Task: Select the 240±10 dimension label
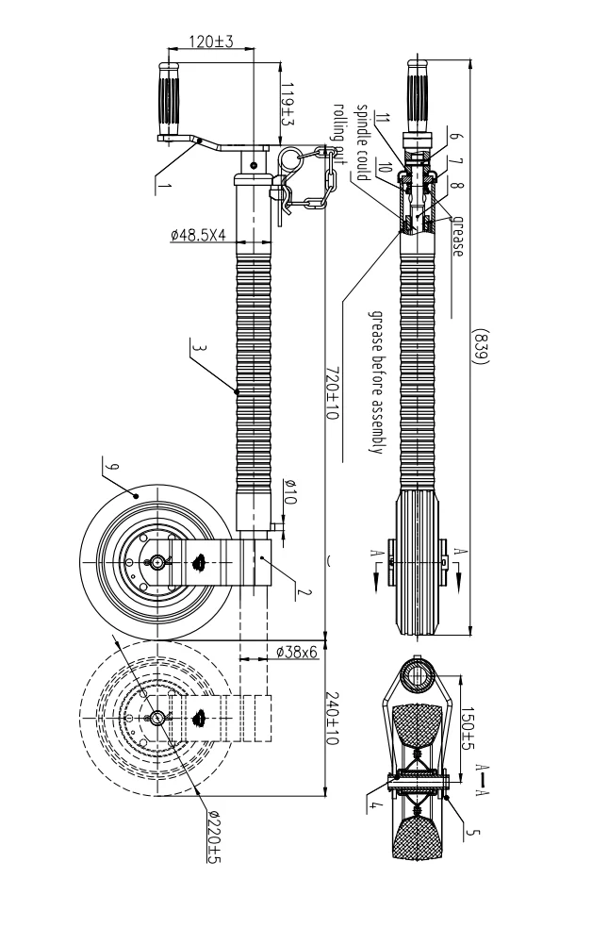[331, 720]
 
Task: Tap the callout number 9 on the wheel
[111, 467]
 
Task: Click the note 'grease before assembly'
[372, 382]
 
